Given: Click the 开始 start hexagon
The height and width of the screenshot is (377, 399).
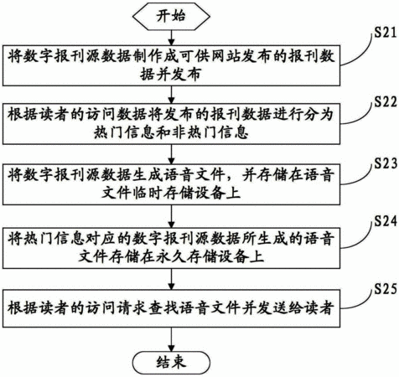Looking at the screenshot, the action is (x=171, y=16).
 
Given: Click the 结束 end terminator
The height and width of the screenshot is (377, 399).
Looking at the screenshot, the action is (x=171, y=362).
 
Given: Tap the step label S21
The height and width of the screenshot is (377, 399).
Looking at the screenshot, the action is (x=386, y=33).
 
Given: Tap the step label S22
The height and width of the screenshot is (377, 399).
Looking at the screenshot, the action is (x=386, y=101).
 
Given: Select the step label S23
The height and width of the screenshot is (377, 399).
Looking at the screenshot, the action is (x=386, y=163).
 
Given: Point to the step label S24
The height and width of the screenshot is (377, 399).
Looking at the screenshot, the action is (x=386, y=221).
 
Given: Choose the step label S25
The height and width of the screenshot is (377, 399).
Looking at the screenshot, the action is (x=386, y=289).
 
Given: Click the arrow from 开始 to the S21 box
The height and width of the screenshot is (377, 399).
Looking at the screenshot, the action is (x=171, y=38).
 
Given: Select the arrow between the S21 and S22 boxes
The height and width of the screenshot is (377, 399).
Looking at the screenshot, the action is (x=171, y=95).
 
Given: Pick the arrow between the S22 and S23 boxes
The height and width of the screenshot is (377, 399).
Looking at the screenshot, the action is (x=171, y=154).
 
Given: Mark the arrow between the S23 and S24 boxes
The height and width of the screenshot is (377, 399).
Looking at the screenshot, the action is (x=171, y=217).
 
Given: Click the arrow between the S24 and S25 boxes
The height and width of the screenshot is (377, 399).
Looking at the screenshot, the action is (x=171, y=280).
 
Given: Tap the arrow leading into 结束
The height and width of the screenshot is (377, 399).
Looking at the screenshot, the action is (x=171, y=339).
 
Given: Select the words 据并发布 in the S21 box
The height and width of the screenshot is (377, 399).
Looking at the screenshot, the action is (x=171, y=75).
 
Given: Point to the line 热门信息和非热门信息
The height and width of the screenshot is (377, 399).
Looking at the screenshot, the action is (x=171, y=132).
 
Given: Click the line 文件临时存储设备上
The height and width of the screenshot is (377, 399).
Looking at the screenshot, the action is (x=171, y=193).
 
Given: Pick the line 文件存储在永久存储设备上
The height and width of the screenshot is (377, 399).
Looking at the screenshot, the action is (x=171, y=256).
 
